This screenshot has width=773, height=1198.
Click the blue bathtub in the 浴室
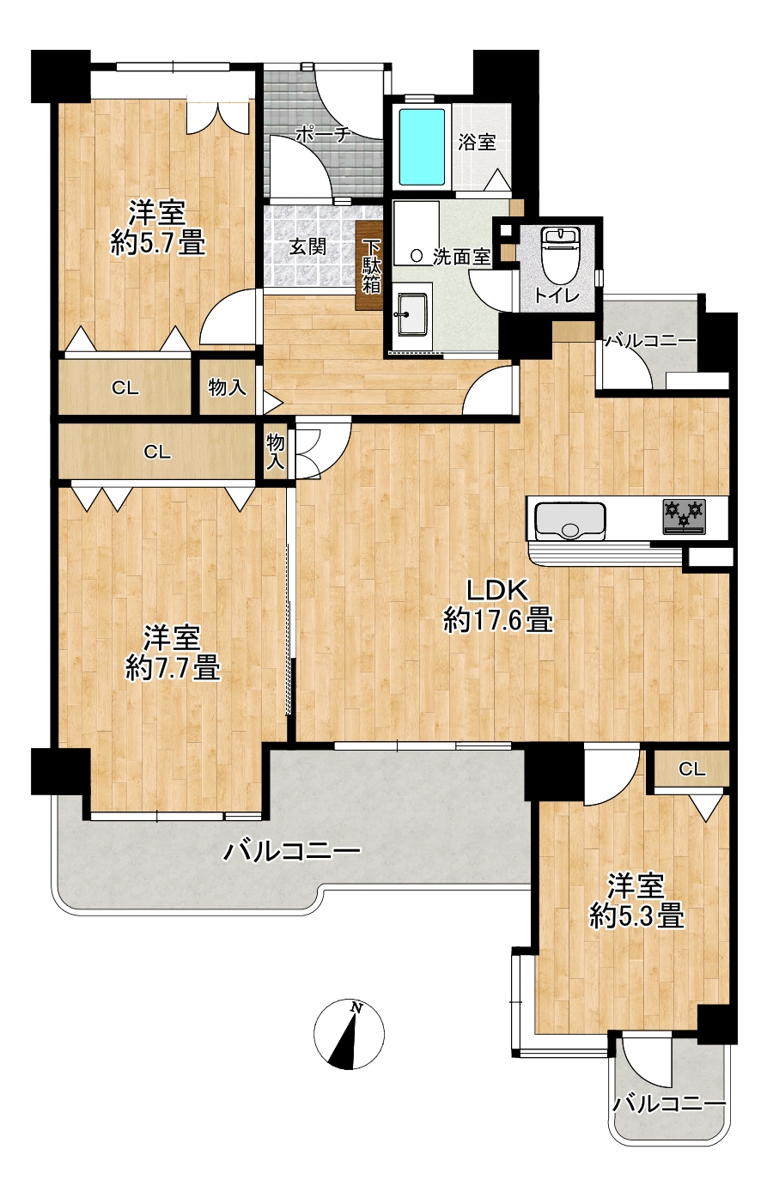(422, 147)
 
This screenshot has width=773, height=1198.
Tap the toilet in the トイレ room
(559, 253)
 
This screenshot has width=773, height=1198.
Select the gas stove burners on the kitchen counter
(685, 516)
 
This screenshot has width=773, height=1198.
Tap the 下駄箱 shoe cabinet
(371, 266)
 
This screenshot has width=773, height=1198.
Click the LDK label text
(497, 591)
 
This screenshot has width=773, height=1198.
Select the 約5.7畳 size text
(158, 245)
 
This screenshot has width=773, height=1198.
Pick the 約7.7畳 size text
(173, 668)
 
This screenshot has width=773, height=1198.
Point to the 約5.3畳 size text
(636, 917)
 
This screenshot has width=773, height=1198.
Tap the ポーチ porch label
(323, 134)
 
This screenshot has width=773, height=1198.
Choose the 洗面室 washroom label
(461, 258)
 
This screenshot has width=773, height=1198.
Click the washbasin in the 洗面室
(411, 314)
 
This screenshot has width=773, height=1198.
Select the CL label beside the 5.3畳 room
(692, 769)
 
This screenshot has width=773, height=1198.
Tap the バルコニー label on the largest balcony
(291, 851)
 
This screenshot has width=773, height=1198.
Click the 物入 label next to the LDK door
(275, 453)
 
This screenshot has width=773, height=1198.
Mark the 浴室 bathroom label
(478, 143)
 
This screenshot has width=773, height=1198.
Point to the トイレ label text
(557, 295)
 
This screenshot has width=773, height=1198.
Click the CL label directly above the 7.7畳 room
(157, 453)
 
